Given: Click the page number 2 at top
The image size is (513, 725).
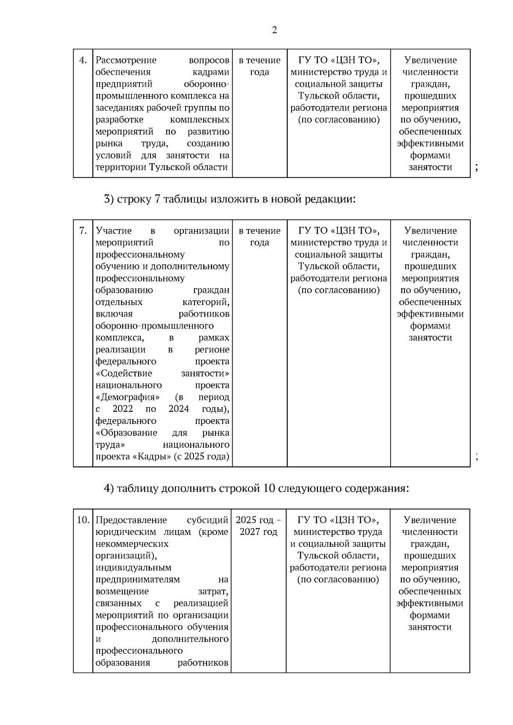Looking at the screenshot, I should click(274, 30).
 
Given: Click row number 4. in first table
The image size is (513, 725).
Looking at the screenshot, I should click(83, 60).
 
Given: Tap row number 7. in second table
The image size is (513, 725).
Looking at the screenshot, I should click(83, 231).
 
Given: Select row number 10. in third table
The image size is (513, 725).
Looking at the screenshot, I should click(83, 520).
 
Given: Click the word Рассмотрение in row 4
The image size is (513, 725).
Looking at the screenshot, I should click(126, 60).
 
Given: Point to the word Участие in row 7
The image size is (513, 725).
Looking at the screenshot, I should click(114, 231).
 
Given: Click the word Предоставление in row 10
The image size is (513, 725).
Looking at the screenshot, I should click(131, 520).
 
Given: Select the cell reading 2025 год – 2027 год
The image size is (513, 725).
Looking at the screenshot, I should click(259, 526).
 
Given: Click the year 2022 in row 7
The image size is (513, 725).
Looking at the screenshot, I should click(123, 409).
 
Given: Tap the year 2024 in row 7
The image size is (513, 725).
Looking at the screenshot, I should click(179, 409).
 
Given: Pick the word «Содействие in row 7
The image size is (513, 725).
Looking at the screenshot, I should click(124, 373).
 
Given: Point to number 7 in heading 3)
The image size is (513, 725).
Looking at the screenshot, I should click(157, 199).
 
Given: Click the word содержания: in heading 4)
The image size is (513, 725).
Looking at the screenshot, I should click(377, 488).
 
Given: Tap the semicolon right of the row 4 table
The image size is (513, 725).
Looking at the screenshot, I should click(476, 167).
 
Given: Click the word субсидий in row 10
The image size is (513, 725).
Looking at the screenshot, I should click(207, 520).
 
